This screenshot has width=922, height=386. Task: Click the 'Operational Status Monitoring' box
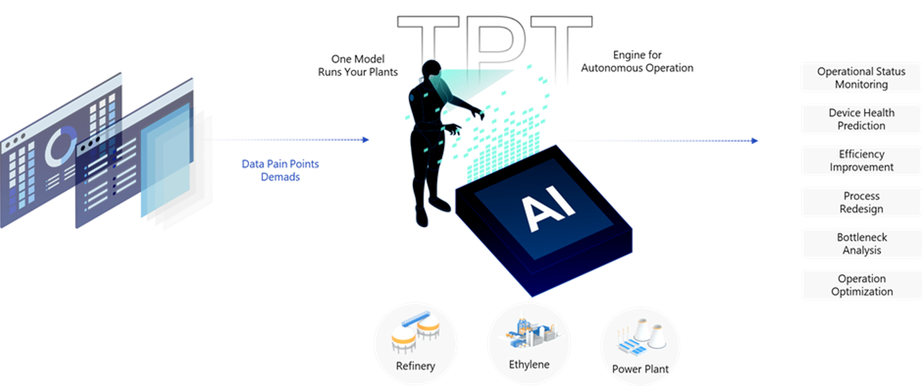click(861, 77)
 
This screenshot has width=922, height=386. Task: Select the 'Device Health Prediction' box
click(861, 119)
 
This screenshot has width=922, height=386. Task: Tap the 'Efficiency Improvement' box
click(861, 160)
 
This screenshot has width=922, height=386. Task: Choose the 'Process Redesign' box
click(861, 202)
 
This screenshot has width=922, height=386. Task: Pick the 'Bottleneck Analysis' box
click(861, 243)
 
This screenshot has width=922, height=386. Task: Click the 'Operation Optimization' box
click(861, 285)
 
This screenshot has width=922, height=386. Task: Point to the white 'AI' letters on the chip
click(548, 208)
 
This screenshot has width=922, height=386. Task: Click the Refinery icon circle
click(415, 343)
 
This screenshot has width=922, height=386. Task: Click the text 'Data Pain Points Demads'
click(280, 170)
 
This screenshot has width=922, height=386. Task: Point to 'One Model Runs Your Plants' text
click(358, 65)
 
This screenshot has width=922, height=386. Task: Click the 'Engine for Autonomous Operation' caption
click(637, 62)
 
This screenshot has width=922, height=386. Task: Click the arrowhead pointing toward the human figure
click(366, 140)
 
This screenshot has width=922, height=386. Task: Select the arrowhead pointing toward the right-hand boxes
click(755, 141)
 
